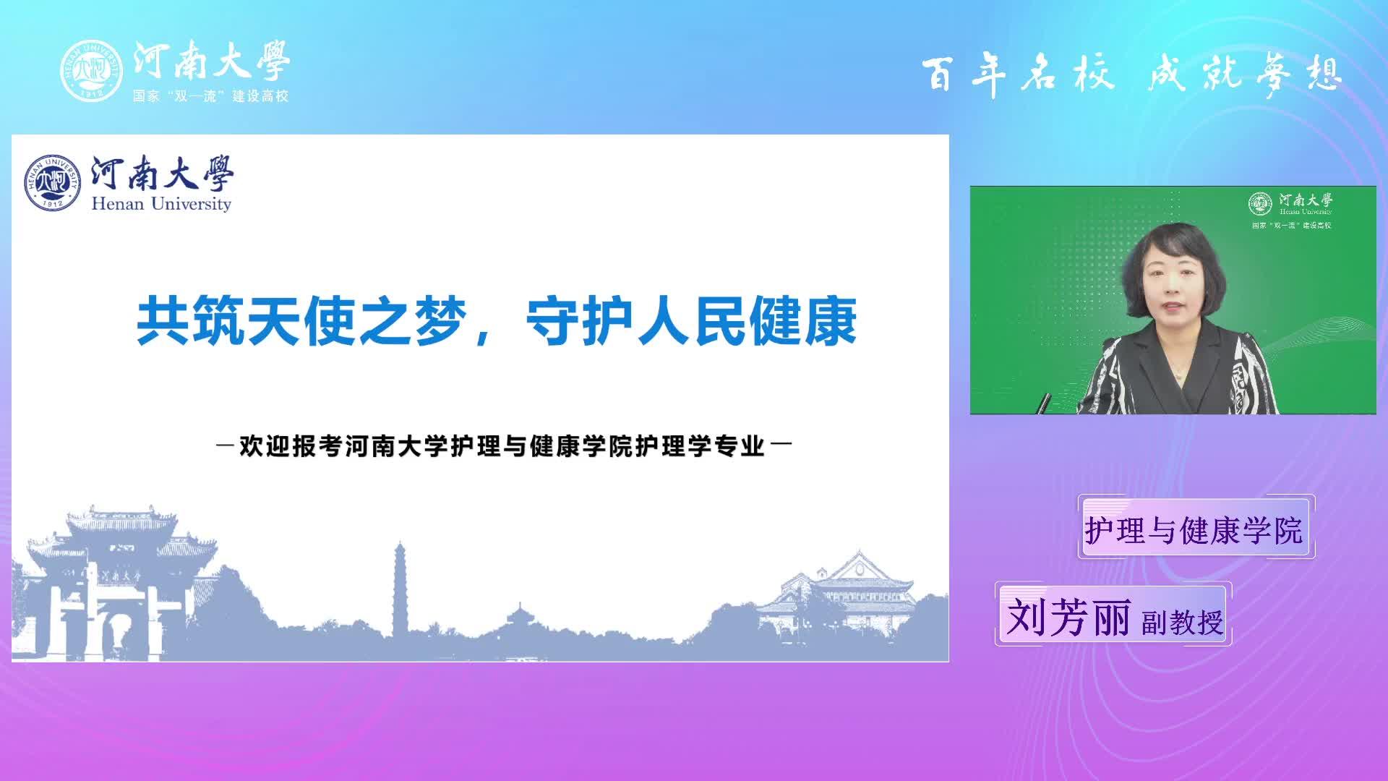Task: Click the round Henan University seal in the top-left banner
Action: [x=92, y=70]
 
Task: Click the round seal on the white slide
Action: [x=52, y=183]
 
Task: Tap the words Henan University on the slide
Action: [x=161, y=204]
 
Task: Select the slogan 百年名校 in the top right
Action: [x=1018, y=74]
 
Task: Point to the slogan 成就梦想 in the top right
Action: [x=1245, y=74]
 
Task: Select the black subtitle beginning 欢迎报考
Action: [x=503, y=446]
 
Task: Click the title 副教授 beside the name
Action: [x=1183, y=622]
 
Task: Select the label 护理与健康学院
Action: [x=1194, y=530]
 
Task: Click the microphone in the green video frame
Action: [x=1044, y=403]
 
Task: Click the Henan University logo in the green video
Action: [x=1290, y=203]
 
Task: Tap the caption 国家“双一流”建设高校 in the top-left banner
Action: [x=210, y=95]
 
